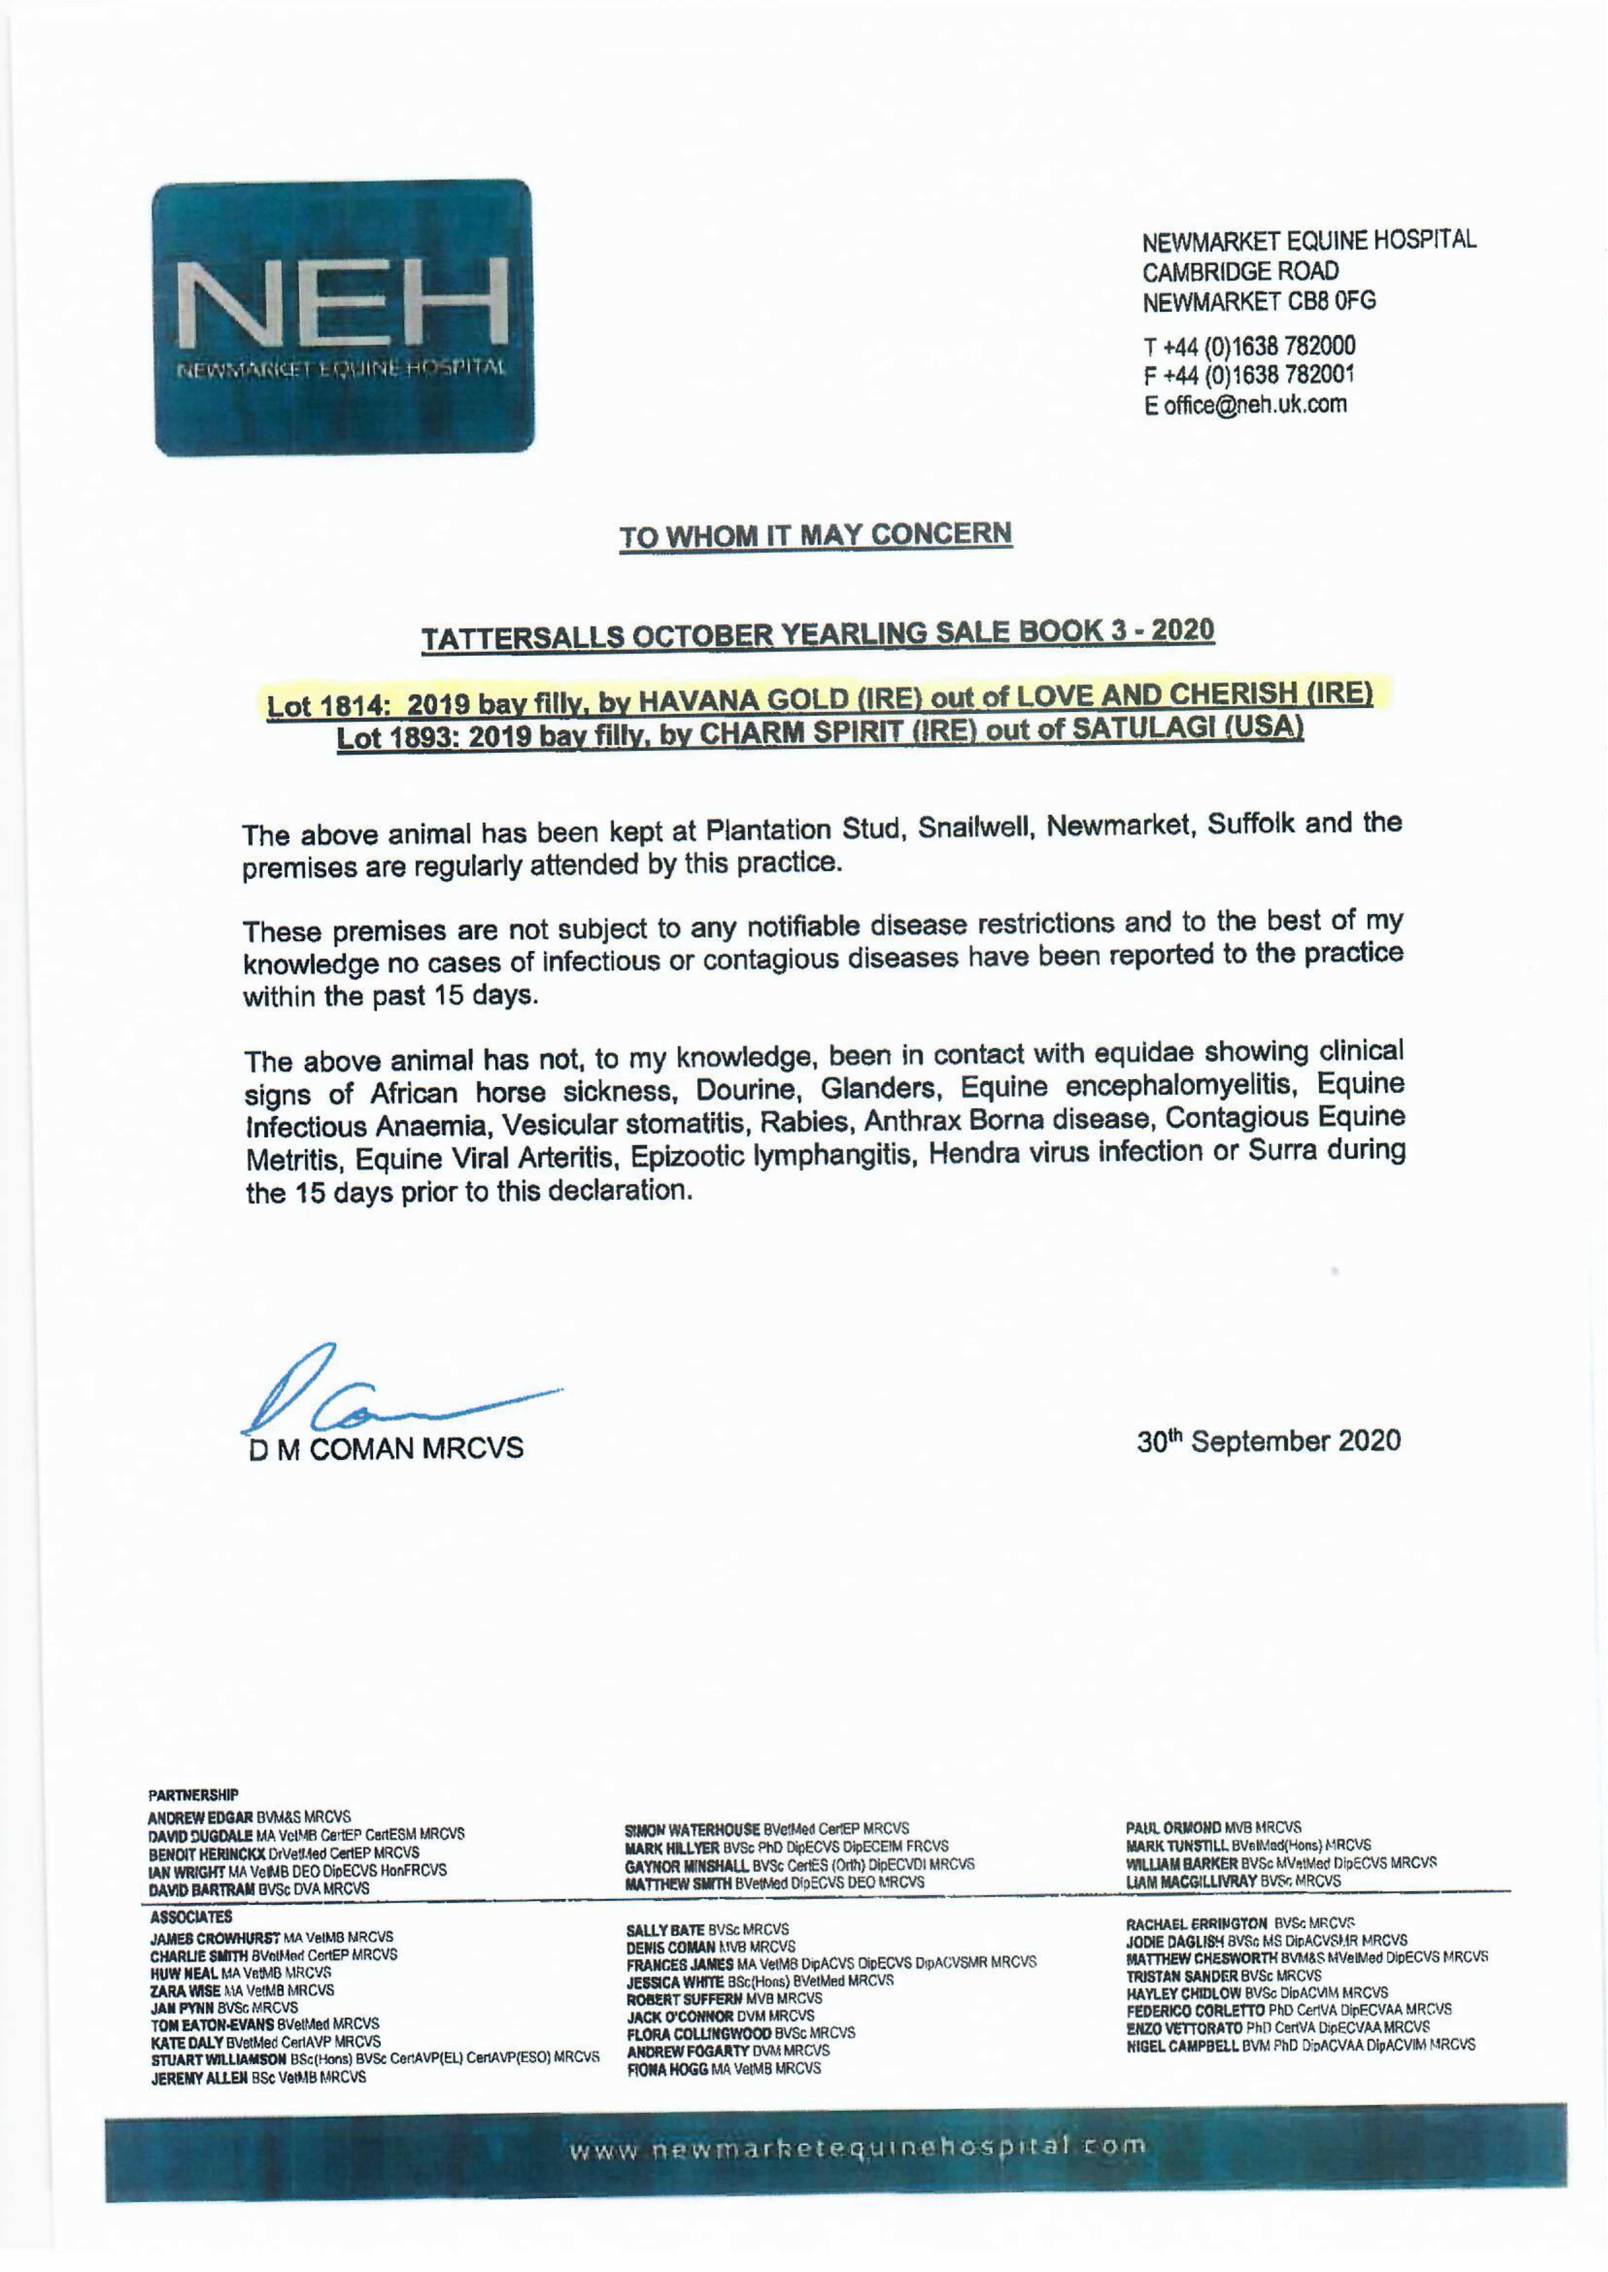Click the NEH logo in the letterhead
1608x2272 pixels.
(x=343, y=317)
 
